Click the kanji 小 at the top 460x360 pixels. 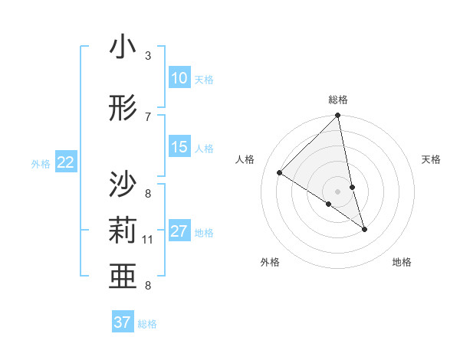123,49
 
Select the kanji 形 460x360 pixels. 123,107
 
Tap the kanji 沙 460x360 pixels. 123,185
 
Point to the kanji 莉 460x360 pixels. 123,231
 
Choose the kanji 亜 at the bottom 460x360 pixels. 123,277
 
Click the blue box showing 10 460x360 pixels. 179,78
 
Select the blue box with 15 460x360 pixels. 179,147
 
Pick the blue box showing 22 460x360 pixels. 66,162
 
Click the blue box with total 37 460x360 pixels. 123,322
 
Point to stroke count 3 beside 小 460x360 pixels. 148,56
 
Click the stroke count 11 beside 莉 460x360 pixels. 148,240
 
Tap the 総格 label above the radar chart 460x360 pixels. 338,100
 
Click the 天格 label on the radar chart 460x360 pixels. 432,159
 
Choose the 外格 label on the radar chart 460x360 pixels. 270,262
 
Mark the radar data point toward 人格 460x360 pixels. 280,173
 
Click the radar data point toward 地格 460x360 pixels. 364,229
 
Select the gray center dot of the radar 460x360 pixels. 338,191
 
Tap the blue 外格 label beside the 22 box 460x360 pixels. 40,163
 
